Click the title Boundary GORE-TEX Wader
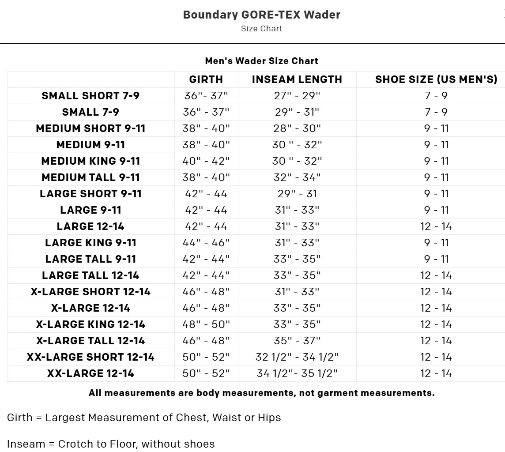261,15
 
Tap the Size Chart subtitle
261,29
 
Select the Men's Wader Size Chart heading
261,61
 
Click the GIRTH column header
206,79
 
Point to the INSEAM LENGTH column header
297,79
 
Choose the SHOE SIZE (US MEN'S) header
436,79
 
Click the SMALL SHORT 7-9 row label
90,96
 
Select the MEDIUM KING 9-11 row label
90,161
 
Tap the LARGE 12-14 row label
90,226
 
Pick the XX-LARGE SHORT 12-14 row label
90,357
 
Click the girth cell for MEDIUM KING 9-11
206,161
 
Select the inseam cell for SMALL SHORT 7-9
297,96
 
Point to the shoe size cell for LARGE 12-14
436,226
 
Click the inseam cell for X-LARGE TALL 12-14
297,341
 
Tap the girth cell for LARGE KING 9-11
206,243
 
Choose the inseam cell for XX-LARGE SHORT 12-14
297,357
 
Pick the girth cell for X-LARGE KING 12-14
206,324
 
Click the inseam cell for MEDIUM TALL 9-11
297,177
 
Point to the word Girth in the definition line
19,418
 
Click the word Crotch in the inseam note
75,444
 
